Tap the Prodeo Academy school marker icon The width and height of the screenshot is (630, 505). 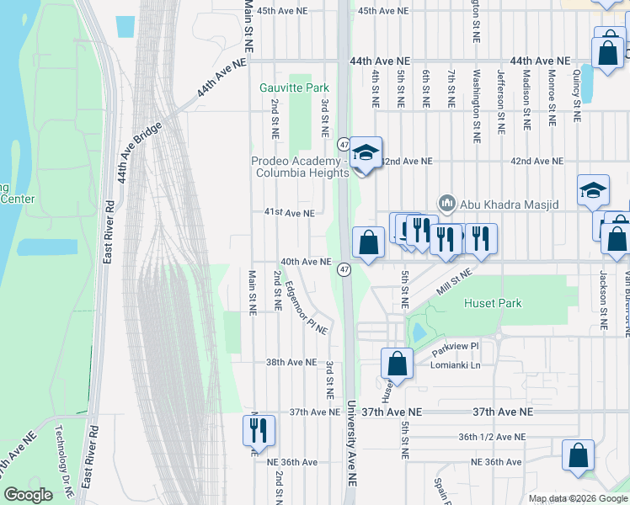tap(366, 154)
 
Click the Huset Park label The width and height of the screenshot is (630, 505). tap(491, 303)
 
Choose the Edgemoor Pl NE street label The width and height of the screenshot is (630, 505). tap(305, 308)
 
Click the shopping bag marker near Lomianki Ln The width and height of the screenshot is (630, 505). tap(397, 364)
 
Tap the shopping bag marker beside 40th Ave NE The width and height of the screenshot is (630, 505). tap(368, 243)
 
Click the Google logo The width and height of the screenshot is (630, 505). tap(29, 495)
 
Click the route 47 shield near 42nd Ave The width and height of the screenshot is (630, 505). tap(344, 143)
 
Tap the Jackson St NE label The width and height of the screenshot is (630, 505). tap(603, 299)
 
